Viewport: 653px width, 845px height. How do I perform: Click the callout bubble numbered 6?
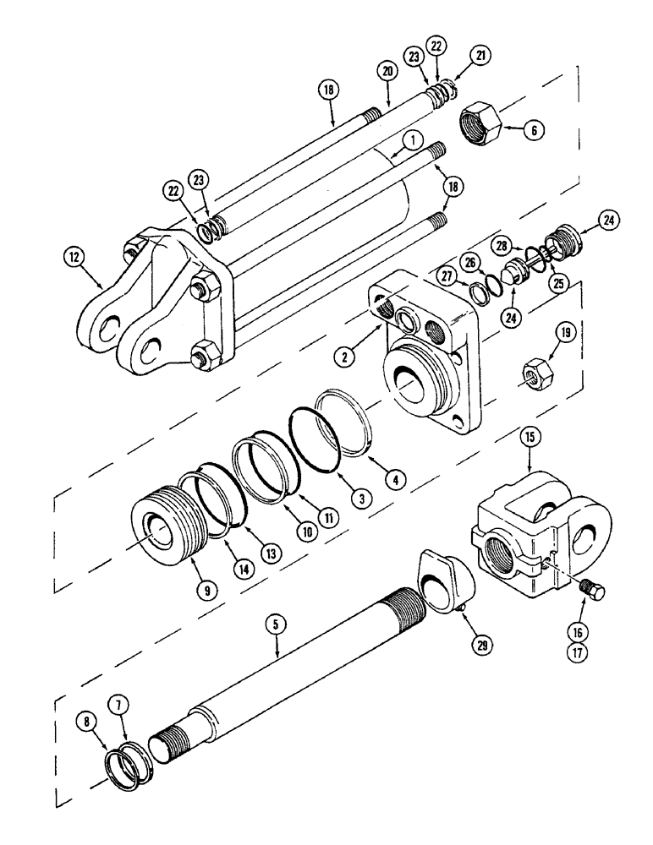tap(534, 130)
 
